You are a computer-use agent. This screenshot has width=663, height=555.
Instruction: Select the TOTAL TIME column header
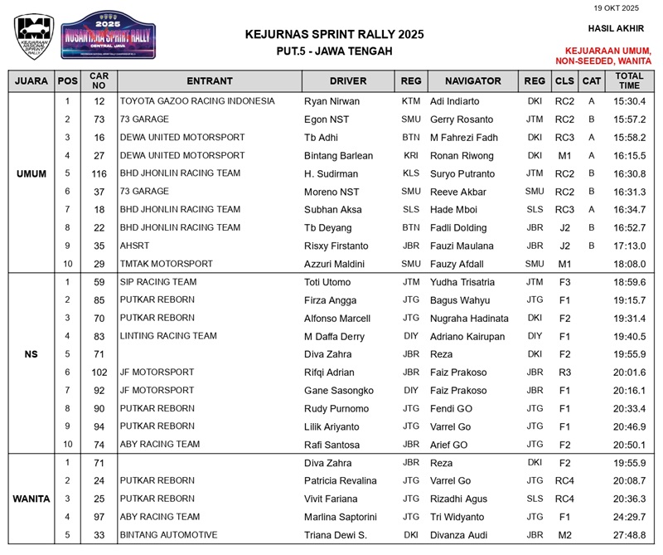pyautogui.click(x=629, y=80)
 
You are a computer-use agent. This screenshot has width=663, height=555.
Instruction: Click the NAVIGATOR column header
pyautogui.click(x=472, y=80)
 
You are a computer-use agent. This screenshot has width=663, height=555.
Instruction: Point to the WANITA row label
pyautogui.click(x=31, y=499)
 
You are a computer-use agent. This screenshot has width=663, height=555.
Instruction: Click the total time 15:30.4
pyautogui.click(x=629, y=101)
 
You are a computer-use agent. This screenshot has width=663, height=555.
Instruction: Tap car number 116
pyautogui.click(x=99, y=173)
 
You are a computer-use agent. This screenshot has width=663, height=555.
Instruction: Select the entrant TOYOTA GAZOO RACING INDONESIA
pyautogui.click(x=197, y=101)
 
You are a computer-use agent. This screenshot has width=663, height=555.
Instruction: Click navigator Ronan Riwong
pyautogui.click(x=462, y=155)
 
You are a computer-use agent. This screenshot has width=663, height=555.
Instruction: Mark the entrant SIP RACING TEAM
pyautogui.click(x=158, y=282)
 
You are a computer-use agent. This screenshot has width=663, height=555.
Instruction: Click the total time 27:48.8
pyautogui.click(x=629, y=535)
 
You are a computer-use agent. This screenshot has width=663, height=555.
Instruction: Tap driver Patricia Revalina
pyautogui.click(x=341, y=480)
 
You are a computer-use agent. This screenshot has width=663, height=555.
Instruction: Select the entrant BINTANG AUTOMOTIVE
pyautogui.click(x=168, y=535)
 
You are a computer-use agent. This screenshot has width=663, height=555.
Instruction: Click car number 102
pyautogui.click(x=99, y=372)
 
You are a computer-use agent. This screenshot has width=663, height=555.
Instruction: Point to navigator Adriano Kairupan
pyautogui.click(x=467, y=336)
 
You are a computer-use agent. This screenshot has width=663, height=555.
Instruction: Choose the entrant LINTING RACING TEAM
pyautogui.click(x=168, y=336)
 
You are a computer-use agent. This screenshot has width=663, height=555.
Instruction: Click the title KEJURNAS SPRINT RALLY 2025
pyautogui.click(x=335, y=34)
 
